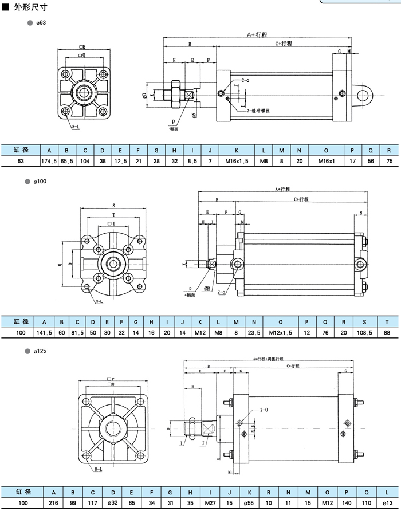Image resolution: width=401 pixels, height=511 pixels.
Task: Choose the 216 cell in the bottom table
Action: [x=53, y=502]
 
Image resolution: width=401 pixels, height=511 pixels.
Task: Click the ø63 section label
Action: [x=41, y=23]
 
